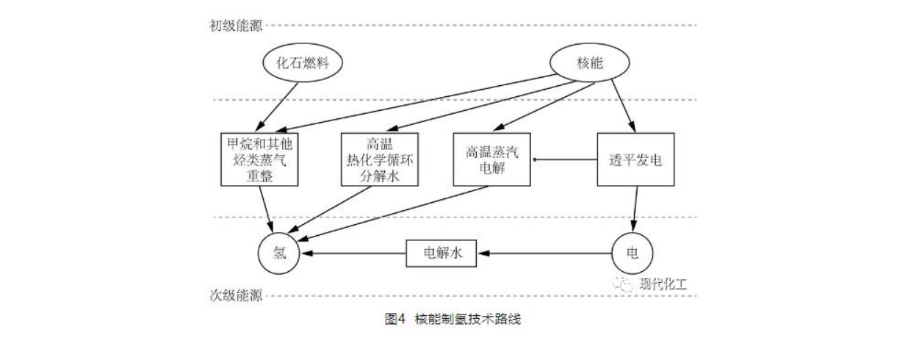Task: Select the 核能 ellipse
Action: [x=590, y=63]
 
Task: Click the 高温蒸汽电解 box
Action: [x=491, y=159]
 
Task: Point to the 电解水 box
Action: [x=442, y=253]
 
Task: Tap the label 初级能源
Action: [x=236, y=25]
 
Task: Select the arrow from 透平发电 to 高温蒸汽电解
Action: [x=564, y=159]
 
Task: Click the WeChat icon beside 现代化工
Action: [x=626, y=284]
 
